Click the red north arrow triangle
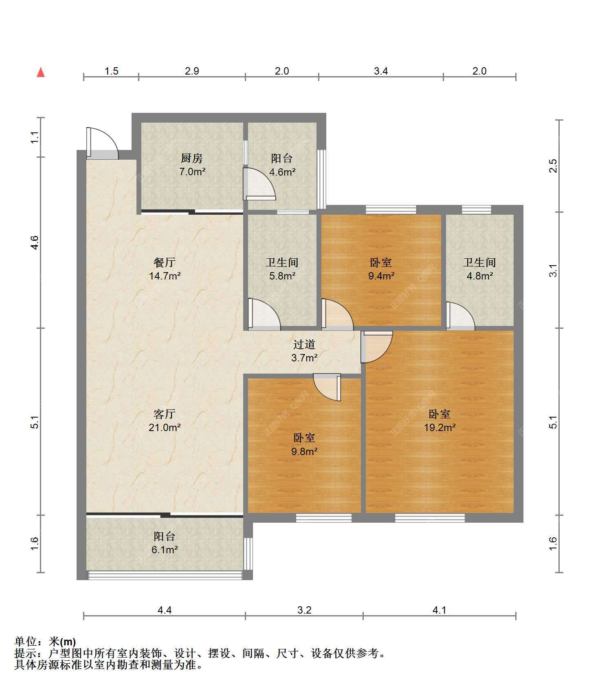(41, 72)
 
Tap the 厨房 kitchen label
(192, 158)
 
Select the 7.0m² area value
(192, 172)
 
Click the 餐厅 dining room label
(165, 262)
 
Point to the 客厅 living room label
(165, 414)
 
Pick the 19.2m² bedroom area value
(440, 427)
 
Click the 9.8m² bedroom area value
(304, 451)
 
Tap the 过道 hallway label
(304, 345)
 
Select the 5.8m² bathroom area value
(282, 276)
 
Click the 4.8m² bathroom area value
(480, 276)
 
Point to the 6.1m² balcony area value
(165, 550)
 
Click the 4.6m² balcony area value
(282, 172)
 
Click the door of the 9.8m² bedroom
(327, 387)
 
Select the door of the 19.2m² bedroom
(377, 347)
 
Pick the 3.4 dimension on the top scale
(381, 71)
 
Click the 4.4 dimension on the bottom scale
(165, 610)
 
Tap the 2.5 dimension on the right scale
(553, 166)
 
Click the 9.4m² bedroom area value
(381, 276)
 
